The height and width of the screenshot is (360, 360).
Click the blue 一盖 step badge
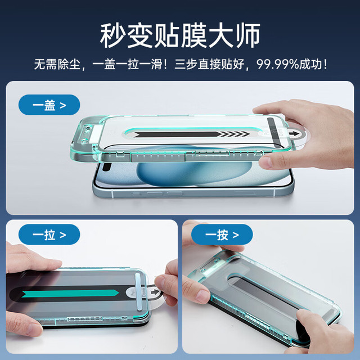49,105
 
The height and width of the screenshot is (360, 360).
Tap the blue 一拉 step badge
49,235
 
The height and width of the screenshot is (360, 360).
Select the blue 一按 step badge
222,235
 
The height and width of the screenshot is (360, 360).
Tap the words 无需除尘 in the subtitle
57,64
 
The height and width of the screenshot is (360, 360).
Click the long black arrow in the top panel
192,134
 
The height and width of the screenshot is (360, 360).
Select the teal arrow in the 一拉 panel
70,293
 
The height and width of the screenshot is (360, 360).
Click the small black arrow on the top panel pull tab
292,133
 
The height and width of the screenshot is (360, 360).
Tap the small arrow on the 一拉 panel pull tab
155,292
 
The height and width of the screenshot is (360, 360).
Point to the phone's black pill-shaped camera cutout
106,167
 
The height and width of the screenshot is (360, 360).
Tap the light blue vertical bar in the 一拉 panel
138,292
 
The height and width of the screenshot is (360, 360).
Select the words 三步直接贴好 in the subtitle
209,64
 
